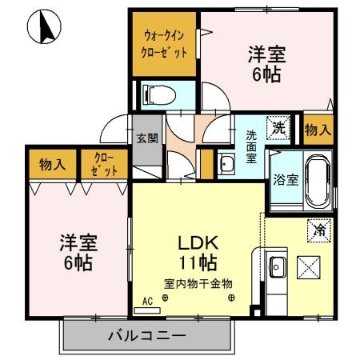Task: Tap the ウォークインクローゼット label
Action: (x=166, y=44)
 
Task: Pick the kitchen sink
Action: (x=277, y=266)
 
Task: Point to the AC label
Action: (x=146, y=301)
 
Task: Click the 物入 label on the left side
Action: (x=52, y=165)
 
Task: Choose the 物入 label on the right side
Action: (x=318, y=129)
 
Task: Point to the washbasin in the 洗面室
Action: (x=226, y=165)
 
